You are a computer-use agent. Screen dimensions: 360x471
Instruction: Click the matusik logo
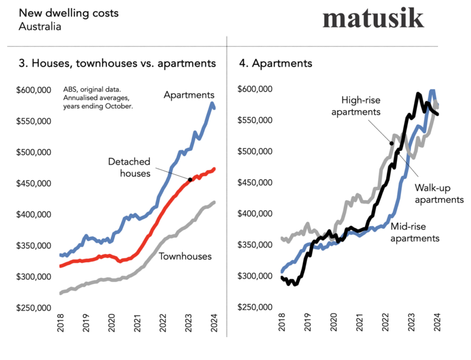pos(373,18)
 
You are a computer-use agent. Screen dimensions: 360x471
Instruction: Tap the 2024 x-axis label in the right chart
pos(437,327)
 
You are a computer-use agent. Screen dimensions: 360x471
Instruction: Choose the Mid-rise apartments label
pos(416,233)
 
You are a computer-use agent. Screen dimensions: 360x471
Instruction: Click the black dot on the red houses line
pos(190,179)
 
